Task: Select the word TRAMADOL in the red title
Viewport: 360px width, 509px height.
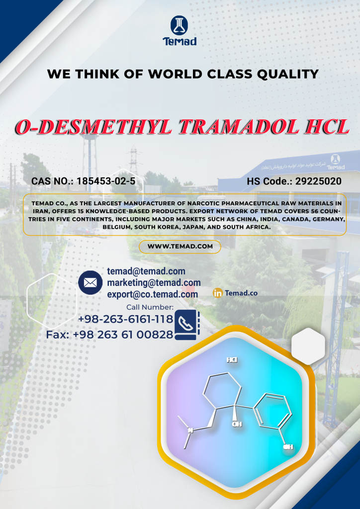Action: pyautogui.click(x=234, y=127)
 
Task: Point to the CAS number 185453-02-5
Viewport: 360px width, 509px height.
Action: pyautogui.click(x=106, y=181)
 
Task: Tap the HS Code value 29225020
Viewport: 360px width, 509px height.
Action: pyautogui.click(x=318, y=181)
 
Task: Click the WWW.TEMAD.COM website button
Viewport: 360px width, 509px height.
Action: pyautogui.click(x=180, y=247)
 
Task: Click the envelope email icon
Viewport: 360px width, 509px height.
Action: pyautogui.click(x=90, y=283)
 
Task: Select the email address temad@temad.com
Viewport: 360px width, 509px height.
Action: pyautogui.click(x=146, y=271)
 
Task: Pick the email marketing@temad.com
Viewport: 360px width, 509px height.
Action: pyautogui.click(x=154, y=283)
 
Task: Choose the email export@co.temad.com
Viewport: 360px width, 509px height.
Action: pyautogui.click(x=153, y=294)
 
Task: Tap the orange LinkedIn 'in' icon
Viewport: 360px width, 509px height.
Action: pyautogui.click(x=217, y=293)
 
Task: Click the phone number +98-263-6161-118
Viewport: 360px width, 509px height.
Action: pyautogui.click(x=126, y=320)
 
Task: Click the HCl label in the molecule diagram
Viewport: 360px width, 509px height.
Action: pyautogui.click(x=232, y=360)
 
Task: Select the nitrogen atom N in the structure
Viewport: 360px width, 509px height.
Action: pyautogui.click(x=190, y=430)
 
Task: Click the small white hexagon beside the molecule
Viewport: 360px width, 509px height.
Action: pyautogui.click(x=308, y=346)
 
